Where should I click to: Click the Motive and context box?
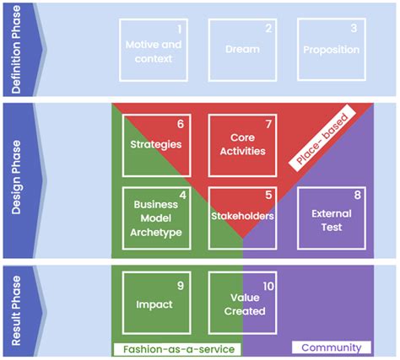tap(154, 50)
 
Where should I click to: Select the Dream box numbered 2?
tap(242, 50)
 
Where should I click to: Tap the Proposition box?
tap(330, 50)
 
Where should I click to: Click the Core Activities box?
tap(242, 144)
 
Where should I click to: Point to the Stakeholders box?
tap(242, 218)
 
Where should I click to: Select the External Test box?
tap(330, 218)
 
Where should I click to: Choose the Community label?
tap(331, 347)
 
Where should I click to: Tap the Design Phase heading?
tap(19, 181)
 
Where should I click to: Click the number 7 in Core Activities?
tap(269, 122)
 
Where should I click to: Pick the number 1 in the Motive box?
tap(180, 27)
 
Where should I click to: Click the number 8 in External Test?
tap(357, 195)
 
